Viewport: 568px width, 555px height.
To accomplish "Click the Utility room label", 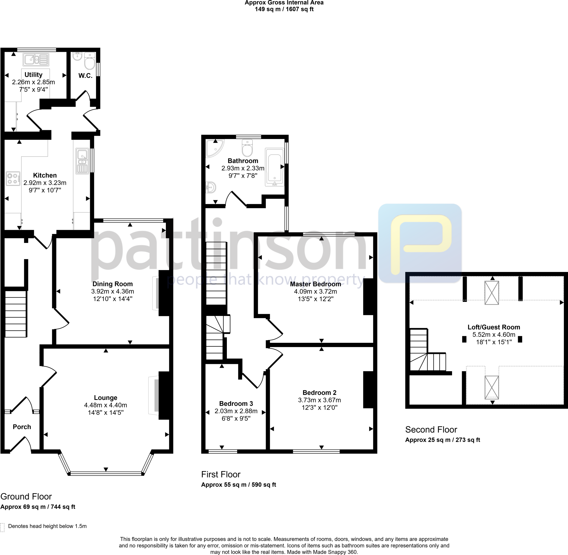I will click(x=33, y=74).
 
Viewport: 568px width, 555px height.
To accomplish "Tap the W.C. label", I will click(x=85, y=76).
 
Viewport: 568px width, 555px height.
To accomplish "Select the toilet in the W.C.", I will click(x=90, y=61).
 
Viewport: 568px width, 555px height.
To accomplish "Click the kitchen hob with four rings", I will click(x=13, y=179).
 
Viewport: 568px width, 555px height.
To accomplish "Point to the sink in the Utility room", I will click(x=36, y=60).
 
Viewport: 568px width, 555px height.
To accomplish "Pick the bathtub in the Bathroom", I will click(x=274, y=167).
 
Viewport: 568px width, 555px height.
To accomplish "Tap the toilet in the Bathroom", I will click(x=247, y=148).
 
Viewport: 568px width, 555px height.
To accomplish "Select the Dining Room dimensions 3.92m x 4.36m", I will click(x=112, y=291).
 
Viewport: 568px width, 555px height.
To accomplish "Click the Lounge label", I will click(x=106, y=398).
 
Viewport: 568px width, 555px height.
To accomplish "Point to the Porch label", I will click(x=22, y=427).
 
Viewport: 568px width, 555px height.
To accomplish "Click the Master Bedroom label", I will click(x=315, y=284).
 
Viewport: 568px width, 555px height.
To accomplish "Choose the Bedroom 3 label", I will click(x=236, y=404).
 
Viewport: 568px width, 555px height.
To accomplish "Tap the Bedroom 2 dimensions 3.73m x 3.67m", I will click(x=319, y=400).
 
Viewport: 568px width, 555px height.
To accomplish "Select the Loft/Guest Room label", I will click(x=494, y=327).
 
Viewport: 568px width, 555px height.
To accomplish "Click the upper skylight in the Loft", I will click(x=491, y=293).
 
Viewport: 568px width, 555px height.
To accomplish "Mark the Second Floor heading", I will click(x=431, y=429).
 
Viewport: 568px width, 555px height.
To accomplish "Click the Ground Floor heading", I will click(x=26, y=496).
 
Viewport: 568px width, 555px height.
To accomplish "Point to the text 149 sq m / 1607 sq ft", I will click(x=284, y=9).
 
